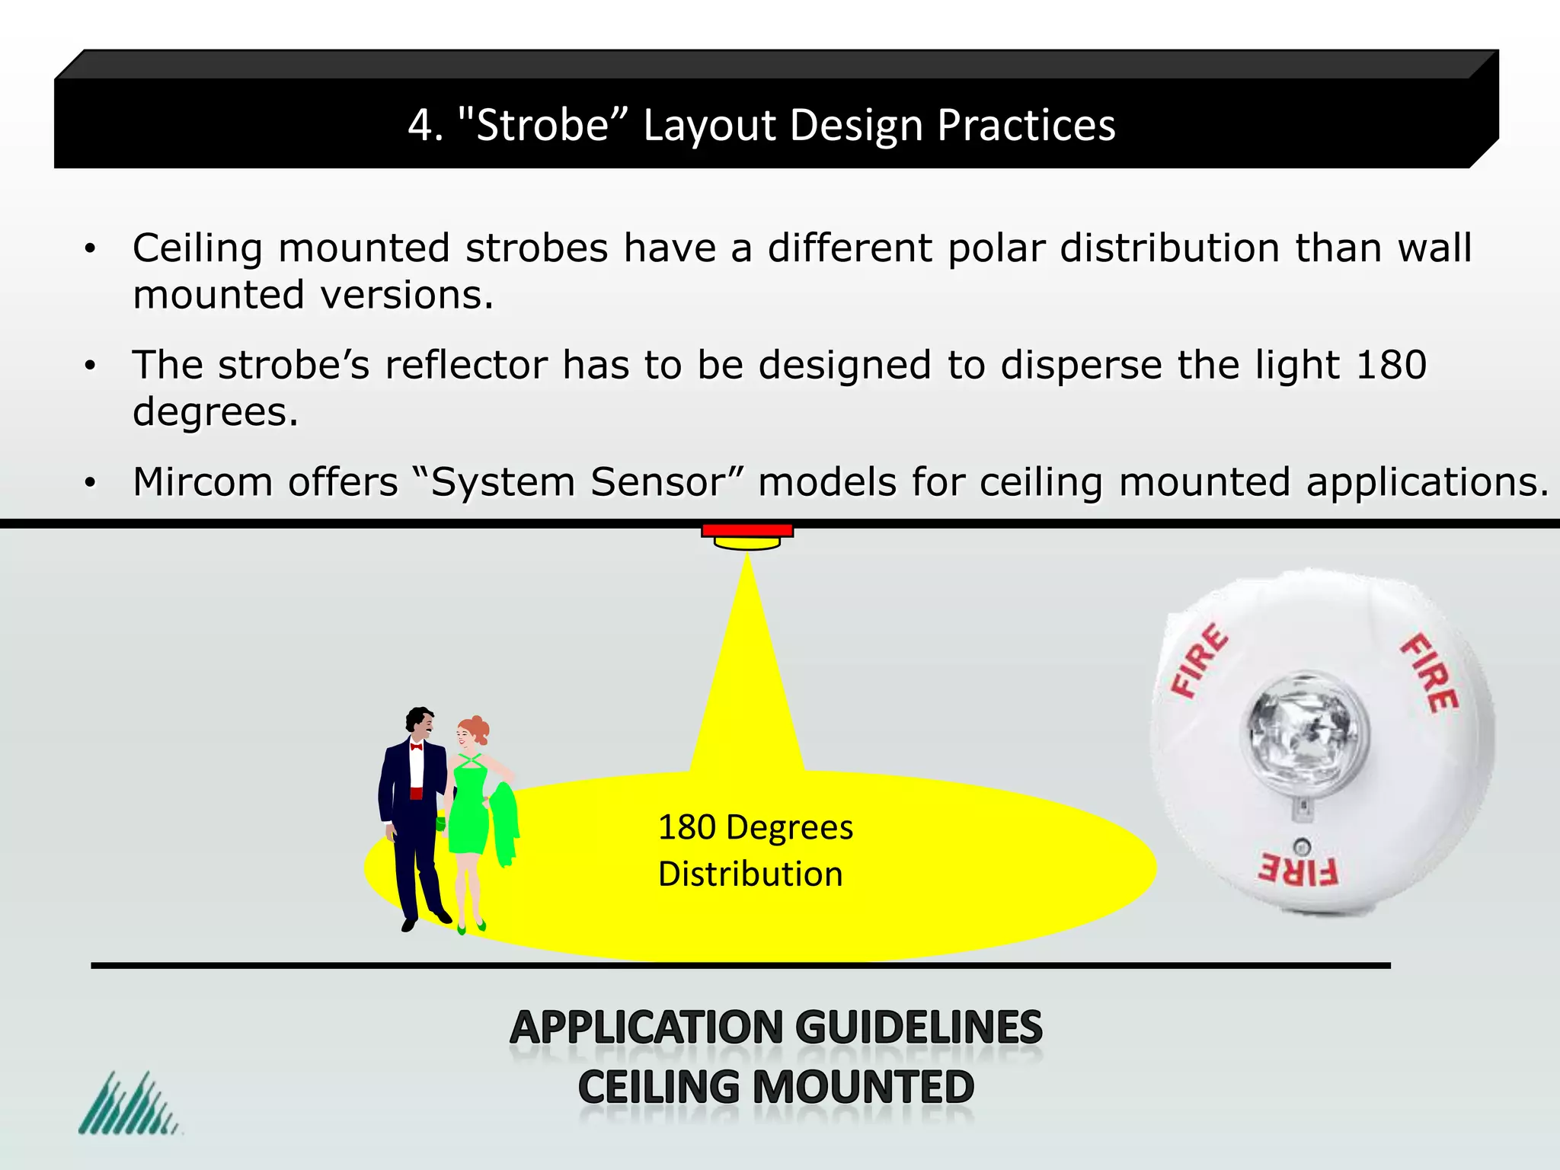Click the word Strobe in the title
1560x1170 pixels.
pos(542,125)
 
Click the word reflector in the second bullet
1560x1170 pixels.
pos(465,365)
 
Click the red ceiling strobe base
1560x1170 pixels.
pos(747,530)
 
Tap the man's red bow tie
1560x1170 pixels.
pos(416,746)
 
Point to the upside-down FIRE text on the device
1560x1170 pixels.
pos(1297,870)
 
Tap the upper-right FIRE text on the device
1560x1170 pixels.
pos(1430,672)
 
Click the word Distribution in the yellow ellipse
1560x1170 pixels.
pos(750,874)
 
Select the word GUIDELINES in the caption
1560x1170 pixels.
pos(922,1028)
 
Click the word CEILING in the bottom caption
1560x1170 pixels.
pos(659,1087)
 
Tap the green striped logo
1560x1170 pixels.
pos(128,1104)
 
